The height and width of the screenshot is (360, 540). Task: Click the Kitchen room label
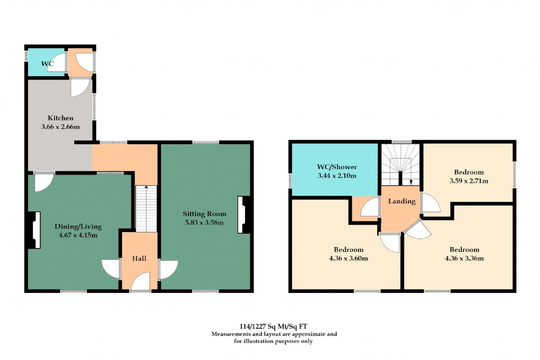click(x=60, y=118)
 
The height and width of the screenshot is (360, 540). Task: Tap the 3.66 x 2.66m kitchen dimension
click(x=60, y=127)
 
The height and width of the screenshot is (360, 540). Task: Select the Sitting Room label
click(x=205, y=214)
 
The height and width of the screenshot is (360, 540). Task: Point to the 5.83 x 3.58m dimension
click(x=205, y=222)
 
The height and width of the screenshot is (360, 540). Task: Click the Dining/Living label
click(x=78, y=226)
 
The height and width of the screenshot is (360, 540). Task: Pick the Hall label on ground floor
click(x=139, y=258)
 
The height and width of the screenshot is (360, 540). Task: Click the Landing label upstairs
click(x=402, y=201)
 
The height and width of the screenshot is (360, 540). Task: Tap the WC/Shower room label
click(x=337, y=167)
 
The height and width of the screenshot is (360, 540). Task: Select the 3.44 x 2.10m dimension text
click(x=337, y=176)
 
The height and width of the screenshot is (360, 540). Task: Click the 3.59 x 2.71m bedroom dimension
click(x=469, y=181)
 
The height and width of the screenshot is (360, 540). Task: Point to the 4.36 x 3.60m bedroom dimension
click(x=348, y=258)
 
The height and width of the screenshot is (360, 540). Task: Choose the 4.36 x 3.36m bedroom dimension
click(x=464, y=258)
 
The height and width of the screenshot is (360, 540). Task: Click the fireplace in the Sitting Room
click(x=244, y=215)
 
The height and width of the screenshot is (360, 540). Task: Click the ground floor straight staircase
click(x=146, y=208)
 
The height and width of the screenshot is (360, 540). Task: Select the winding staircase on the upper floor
click(x=400, y=165)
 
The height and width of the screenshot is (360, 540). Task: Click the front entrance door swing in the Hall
click(x=140, y=282)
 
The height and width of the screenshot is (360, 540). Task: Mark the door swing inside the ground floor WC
click(x=57, y=62)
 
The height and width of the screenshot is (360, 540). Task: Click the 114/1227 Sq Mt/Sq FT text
click(x=273, y=327)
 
